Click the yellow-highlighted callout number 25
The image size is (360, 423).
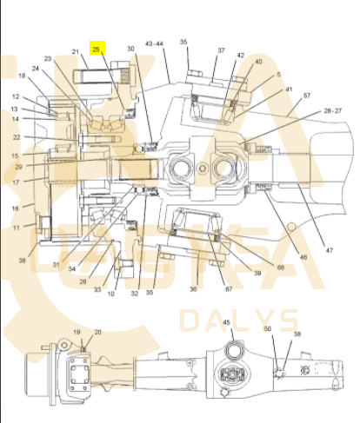point(96,50)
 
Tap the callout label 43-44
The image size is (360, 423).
point(154,43)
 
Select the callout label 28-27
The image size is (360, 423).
point(333,110)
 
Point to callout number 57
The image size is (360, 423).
point(307,96)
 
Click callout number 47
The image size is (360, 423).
point(329,250)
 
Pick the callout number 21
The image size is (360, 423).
point(76,51)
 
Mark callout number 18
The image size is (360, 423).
point(22,76)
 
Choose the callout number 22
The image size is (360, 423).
point(17,137)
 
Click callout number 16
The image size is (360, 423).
point(15,208)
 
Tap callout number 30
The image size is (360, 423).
point(131,49)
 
